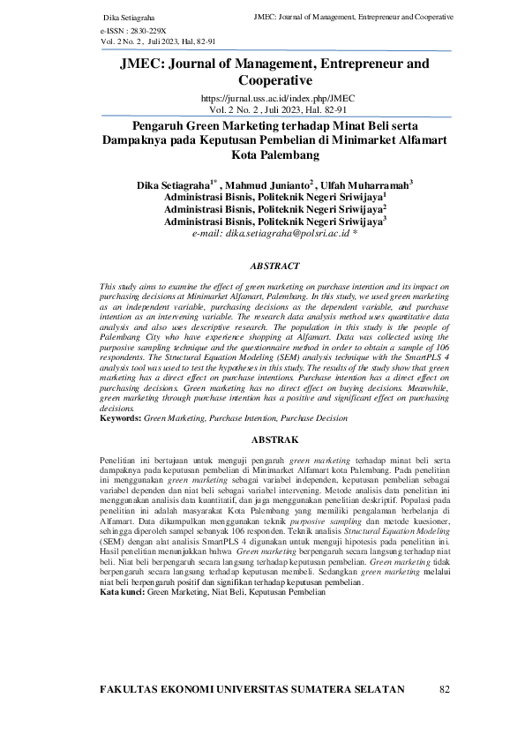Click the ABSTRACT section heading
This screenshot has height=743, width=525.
tap(262, 265)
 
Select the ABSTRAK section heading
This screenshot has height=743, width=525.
tap(262, 439)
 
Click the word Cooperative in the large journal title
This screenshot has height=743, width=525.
tap(262, 79)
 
